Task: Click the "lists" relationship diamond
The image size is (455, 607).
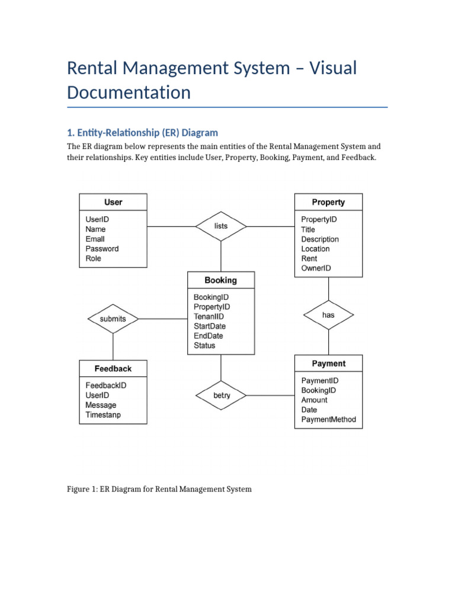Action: [220, 226]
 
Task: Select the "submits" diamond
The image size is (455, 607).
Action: [113, 319]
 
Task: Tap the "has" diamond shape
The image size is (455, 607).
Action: [328, 315]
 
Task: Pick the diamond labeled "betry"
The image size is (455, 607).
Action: [221, 395]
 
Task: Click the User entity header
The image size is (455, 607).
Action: [113, 202]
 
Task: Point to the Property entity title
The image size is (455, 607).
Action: [328, 202]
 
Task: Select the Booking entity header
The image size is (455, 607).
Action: [220, 280]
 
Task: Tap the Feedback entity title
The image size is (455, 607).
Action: [113, 368]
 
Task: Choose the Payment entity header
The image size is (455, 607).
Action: [328, 363]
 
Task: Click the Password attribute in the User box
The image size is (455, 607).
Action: [102, 249]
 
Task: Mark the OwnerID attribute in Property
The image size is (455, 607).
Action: [316, 269]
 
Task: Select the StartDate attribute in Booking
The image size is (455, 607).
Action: [210, 326]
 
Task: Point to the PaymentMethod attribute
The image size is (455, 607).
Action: [329, 420]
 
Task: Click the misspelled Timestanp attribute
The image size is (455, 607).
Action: [103, 415]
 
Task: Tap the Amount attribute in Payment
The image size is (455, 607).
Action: [314, 400]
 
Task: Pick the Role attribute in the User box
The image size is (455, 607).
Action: [94, 258]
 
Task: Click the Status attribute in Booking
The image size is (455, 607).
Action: [204, 346]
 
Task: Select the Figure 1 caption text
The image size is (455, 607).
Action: [159, 489]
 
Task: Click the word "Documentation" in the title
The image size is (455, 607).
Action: [129, 92]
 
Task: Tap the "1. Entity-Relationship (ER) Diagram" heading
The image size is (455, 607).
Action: [142, 132]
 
